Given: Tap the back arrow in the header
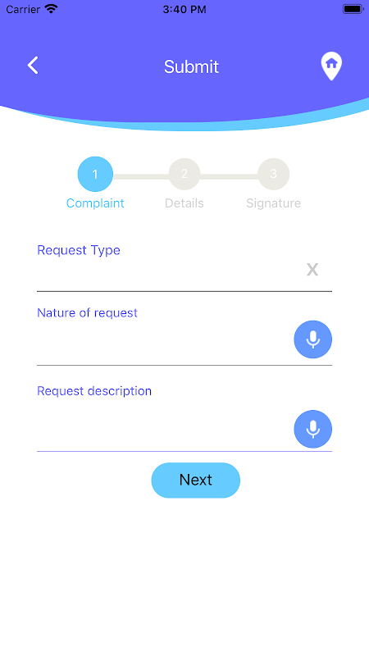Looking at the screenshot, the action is coord(33,66).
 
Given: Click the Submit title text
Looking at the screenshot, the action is coord(191,67).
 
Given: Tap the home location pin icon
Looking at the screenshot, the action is coord(331,66).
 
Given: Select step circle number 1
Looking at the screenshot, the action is coord(95,174).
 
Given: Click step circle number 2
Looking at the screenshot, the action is coord(184,174).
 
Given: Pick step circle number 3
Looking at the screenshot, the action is coord(274,174).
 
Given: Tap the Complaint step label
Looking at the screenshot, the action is coord(95,203).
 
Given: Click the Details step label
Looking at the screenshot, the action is coord(184,203).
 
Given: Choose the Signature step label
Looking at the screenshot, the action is coord(274,203).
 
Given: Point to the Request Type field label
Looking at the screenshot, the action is coord(79,250).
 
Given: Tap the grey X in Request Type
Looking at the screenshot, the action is coord(312,270).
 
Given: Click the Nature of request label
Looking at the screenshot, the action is coord(88,313).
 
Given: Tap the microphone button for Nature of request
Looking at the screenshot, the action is coord(313,339).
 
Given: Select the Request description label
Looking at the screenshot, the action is coord(94,391).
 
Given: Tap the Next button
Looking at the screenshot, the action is coord(196,481).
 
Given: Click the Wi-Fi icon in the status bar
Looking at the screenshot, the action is coord(51,9).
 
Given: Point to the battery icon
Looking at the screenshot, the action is coord(353,9).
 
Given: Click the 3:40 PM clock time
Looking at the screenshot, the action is coord(184,10).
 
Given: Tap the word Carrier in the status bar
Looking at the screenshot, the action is coord(24,9).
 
